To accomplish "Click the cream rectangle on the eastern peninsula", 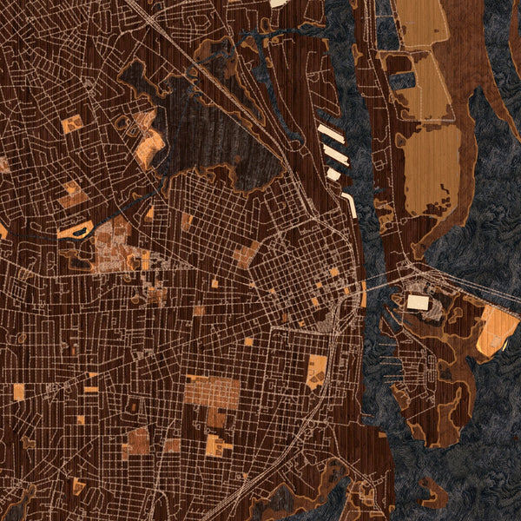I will pyautogui.click(x=418, y=302).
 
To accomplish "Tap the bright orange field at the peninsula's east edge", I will pyautogui.click(x=497, y=330).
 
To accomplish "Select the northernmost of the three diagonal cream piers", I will pyautogui.click(x=330, y=134).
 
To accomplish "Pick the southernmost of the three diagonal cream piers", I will pyautogui.click(x=333, y=174).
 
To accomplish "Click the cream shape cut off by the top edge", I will pyautogui.click(x=279, y=3).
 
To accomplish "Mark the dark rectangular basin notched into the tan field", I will pyautogui.click(x=401, y=80).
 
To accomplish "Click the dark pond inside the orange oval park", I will pyautogui.click(x=78, y=230).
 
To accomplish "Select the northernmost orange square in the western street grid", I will pyautogui.click(x=72, y=124).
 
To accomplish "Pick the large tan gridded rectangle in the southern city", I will pyautogui.click(x=211, y=393).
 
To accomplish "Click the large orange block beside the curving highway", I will pyautogui.click(x=317, y=372).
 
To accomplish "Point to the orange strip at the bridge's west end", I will pyautogui.click(x=363, y=294).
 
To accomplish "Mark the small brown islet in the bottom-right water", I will pyautogui.click(x=435, y=493).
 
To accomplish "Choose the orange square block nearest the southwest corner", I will pyautogui.click(x=18, y=392).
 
